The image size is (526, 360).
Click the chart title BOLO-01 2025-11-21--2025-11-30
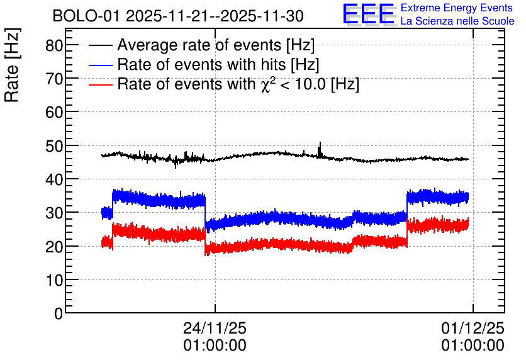tap(178, 16)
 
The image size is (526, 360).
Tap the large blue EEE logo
tap(369, 14)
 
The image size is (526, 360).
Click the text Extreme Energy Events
tap(457, 8)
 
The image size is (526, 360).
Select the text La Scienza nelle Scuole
tap(457, 21)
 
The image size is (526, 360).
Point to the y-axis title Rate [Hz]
tap(12, 65)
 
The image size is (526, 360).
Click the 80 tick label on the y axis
tap(54, 45)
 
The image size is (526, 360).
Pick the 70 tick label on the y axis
tap(54, 79)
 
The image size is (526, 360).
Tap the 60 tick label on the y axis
tap(54, 112)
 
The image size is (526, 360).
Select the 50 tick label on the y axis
tap(54, 145)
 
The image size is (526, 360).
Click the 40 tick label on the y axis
tap(54, 179)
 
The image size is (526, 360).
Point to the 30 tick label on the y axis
tap(54, 213)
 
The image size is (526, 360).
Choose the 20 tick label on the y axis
tap(54, 247)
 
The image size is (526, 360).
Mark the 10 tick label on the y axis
tap(54, 280)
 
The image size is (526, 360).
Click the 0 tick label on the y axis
tap(59, 313)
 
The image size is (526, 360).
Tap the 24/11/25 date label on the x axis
tap(215, 328)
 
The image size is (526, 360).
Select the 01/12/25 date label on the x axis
tap(473, 328)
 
